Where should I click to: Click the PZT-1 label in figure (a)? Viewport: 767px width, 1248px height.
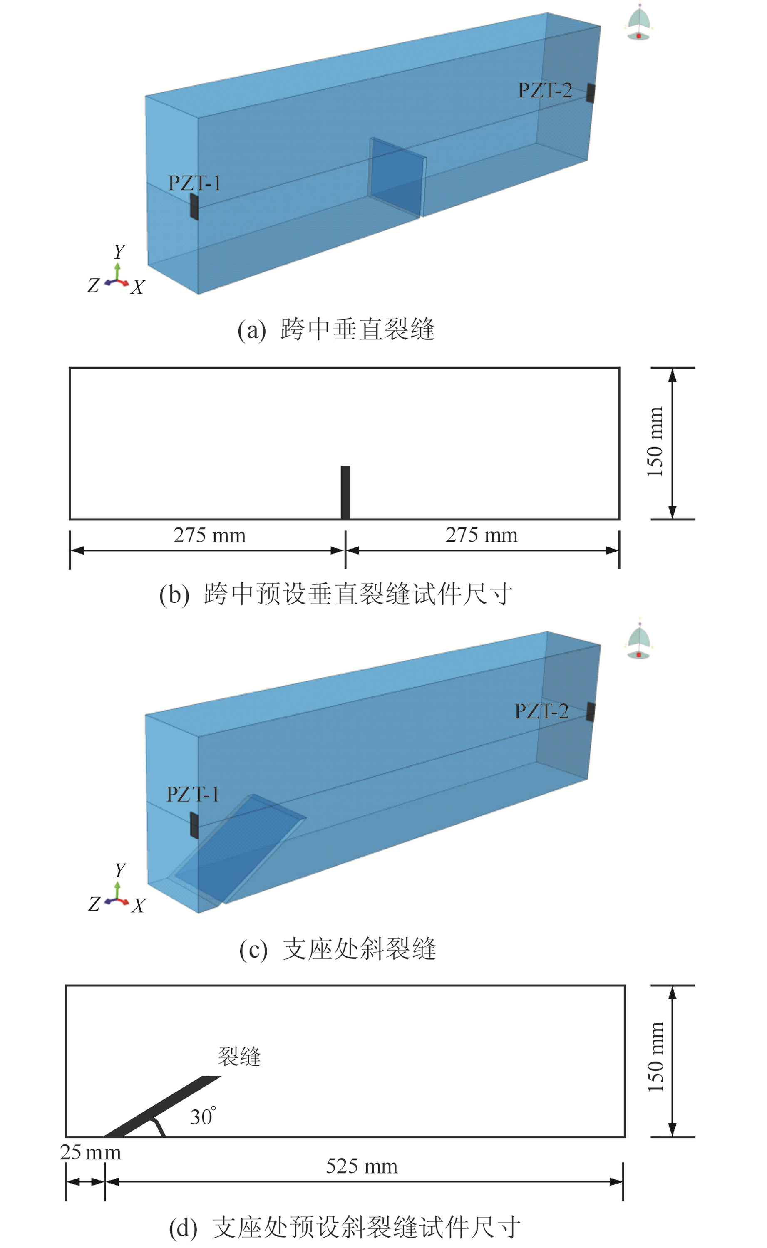point(194,183)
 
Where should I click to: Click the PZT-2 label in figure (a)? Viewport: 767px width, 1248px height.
point(544,90)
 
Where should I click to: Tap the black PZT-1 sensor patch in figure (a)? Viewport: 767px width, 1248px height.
point(194,206)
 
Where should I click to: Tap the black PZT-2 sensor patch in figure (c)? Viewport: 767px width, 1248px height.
point(591,712)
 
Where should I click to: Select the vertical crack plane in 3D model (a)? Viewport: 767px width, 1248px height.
point(397,176)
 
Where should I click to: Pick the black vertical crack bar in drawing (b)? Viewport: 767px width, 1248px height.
point(345,492)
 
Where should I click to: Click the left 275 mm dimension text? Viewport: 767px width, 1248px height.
point(209,535)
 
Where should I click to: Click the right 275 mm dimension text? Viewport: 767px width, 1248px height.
point(481,535)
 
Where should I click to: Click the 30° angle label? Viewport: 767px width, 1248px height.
point(202,1117)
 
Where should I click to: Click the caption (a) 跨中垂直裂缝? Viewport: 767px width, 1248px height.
point(336,330)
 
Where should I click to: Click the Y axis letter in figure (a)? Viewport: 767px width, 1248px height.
point(119,251)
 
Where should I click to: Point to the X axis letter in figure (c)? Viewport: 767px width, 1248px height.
point(139,906)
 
